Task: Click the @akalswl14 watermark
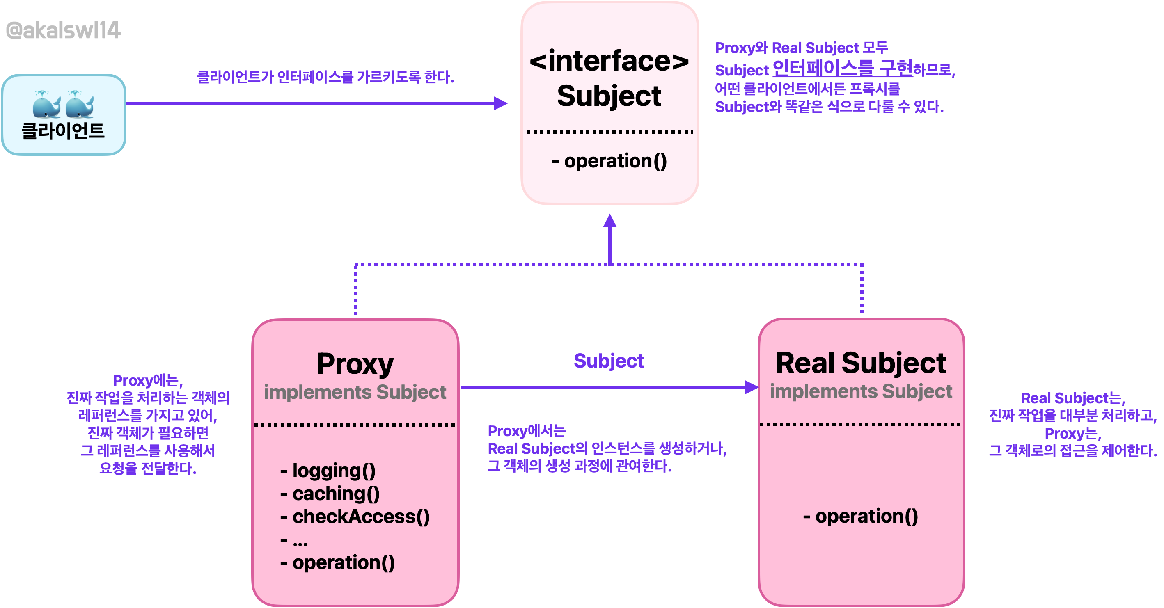[x=63, y=31]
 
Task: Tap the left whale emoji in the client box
[x=47, y=104]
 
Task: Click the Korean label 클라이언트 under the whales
[x=63, y=131]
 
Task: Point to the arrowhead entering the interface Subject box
[x=501, y=103]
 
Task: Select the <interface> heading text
[x=609, y=61]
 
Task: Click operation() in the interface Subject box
[x=609, y=161]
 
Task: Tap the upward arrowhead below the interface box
[x=610, y=220]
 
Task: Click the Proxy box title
[x=355, y=364]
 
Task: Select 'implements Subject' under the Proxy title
[x=355, y=392]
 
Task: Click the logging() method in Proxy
[x=328, y=471]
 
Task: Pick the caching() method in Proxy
[x=330, y=494]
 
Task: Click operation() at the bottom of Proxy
[x=337, y=563]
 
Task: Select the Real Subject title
[x=861, y=363]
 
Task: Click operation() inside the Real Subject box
[x=860, y=516]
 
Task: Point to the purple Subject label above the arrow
[x=609, y=361]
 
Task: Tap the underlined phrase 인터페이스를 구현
[x=843, y=68]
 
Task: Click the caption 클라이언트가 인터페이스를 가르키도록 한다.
[x=325, y=77]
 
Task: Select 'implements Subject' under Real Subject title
[x=861, y=391]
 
